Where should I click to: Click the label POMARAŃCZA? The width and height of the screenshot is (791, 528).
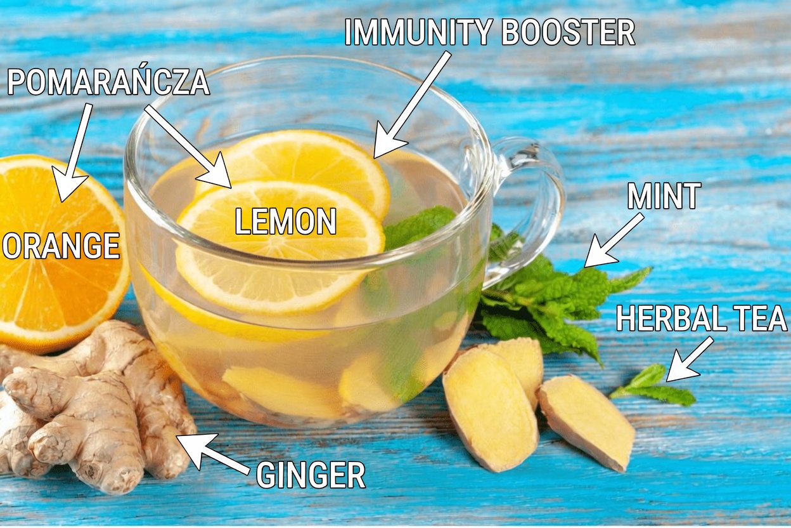[x=108, y=82]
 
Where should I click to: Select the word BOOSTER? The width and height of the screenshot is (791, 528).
[x=568, y=32]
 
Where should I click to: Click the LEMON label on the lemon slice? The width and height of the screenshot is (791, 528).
[x=285, y=222]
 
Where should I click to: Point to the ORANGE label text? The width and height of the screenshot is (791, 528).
[x=61, y=246]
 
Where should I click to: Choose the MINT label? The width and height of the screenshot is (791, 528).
[x=664, y=197]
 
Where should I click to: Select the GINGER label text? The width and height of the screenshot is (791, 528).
[x=311, y=475]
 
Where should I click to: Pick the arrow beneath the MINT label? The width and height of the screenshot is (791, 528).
[x=612, y=242]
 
